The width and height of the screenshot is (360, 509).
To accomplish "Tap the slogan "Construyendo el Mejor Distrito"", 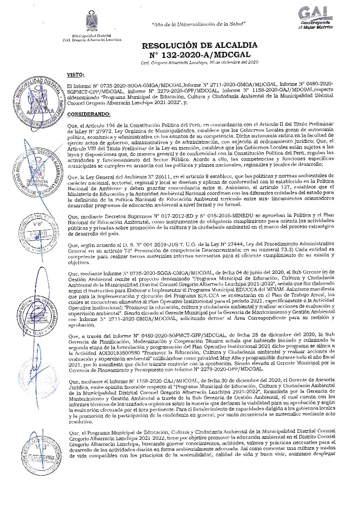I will (x=316, y=24).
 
